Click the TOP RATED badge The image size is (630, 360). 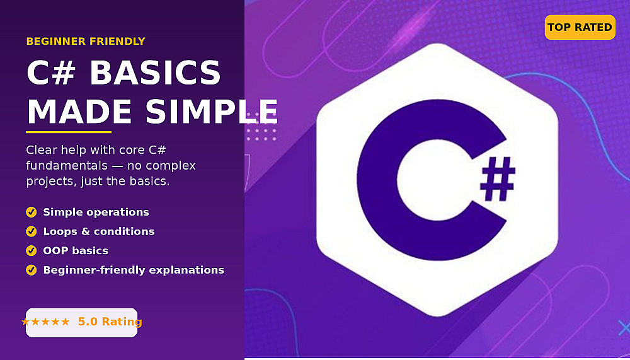(580, 27)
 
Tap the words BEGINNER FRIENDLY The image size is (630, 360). (86, 42)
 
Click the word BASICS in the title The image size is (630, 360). (155, 73)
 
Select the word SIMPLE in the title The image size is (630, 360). (212, 112)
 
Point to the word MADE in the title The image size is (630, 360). (79, 112)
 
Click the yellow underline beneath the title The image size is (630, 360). (69, 132)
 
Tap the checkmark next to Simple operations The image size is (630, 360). (31, 212)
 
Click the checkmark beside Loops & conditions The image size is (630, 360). (31, 231)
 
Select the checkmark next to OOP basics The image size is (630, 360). (31, 250)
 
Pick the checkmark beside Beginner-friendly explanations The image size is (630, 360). (31, 270)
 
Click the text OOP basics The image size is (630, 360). (76, 250)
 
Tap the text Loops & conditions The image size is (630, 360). (99, 231)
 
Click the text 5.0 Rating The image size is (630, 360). (110, 322)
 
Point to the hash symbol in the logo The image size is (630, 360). (498, 179)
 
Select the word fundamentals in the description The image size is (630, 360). (67, 165)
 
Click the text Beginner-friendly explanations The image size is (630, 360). (134, 270)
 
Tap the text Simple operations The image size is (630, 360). (96, 212)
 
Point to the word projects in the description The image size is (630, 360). (52, 182)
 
